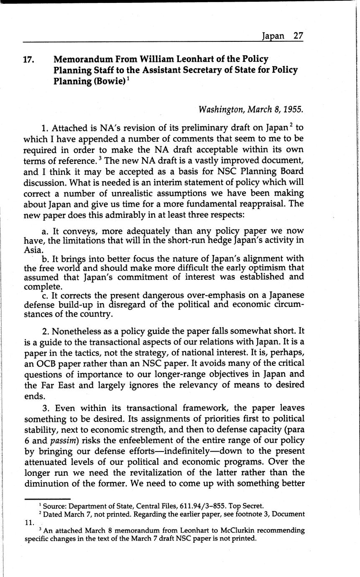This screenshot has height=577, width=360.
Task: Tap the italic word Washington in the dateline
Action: point(221,110)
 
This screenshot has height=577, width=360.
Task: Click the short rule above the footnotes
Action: point(47,499)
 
